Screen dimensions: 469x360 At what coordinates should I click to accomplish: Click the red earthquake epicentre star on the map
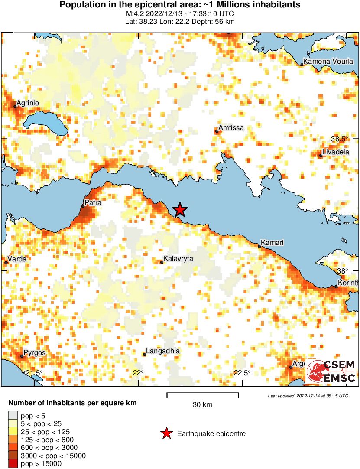(180, 210)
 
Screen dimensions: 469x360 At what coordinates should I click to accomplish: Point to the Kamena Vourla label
(328, 62)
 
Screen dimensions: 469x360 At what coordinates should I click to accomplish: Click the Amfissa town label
(231, 128)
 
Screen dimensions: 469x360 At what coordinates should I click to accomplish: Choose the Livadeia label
(335, 153)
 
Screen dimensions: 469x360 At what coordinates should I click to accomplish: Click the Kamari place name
(272, 243)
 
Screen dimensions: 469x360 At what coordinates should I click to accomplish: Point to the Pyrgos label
(35, 353)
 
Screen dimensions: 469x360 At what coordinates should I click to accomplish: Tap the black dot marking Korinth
(336, 287)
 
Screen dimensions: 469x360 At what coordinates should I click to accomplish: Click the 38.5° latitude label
(339, 139)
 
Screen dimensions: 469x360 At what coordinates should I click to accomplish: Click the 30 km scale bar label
(202, 405)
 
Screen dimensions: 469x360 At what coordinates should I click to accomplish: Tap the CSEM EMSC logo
(331, 371)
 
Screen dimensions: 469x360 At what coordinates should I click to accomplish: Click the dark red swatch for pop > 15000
(13, 464)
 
